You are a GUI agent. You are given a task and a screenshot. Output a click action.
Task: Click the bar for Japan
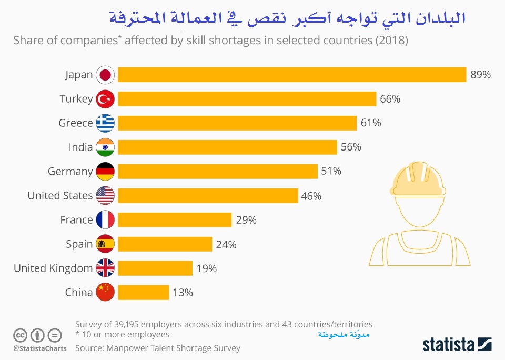pyautogui.click(x=292, y=75)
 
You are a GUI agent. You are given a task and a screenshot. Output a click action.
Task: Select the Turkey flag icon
pyautogui.click(x=105, y=99)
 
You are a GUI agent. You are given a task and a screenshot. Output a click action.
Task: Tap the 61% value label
pyautogui.click(x=371, y=123)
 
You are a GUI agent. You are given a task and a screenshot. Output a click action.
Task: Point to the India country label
pyautogui.click(x=80, y=147)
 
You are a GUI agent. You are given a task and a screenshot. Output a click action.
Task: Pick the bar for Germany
pyautogui.click(x=218, y=172)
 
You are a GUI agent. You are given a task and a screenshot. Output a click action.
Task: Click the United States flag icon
pyautogui.click(x=105, y=196)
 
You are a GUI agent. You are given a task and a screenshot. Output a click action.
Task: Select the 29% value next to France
pyautogui.click(x=246, y=220)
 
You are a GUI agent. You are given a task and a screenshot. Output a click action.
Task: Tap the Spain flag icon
pyautogui.click(x=105, y=244)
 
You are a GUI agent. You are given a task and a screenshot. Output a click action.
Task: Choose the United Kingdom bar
pyautogui.click(x=155, y=268)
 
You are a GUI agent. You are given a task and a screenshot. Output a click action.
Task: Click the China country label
pyautogui.click(x=79, y=293)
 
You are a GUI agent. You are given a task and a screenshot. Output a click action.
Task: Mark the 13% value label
pyautogui.click(x=183, y=293)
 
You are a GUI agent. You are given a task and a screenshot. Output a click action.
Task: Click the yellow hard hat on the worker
pyautogui.click(x=418, y=179)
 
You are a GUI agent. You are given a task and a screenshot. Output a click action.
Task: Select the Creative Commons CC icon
pyautogui.click(x=20, y=335)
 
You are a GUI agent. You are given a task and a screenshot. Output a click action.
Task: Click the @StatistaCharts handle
pyautogui.click(x=40, y=348)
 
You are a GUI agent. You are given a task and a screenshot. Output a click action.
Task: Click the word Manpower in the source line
pyautogui.click(x=127, y=348)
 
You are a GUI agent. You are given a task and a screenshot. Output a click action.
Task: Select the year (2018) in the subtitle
pyautogui.click(x=391, y=41)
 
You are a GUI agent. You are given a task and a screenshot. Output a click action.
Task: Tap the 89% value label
pyautogui.click(x=480, y=75)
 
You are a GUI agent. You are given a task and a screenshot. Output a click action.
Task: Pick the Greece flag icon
pyautogui.click(x=105, y=123)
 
